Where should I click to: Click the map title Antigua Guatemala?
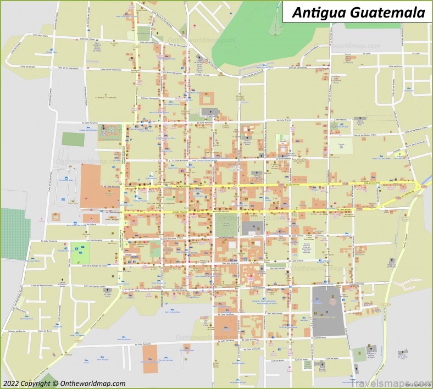pos(357,12)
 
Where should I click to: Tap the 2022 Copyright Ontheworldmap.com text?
pos(64,383)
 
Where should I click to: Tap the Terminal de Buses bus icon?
pos(66,179)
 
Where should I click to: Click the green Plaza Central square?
pos(229,223)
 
